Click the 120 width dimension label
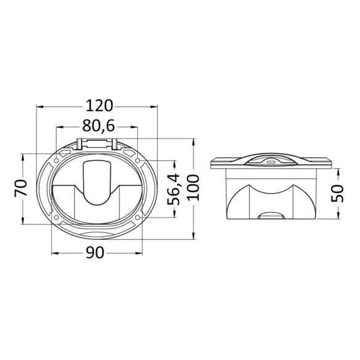pos(99,106)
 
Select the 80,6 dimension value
pos(99,126)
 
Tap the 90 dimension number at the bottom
pos(96,253)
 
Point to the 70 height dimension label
pos(21,189)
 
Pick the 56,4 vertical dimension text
pos(173,189)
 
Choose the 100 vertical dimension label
pos(194,187)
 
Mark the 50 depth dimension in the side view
pos(337,194)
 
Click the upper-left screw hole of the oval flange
pos(56,160)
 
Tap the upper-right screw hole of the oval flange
pos(137,160)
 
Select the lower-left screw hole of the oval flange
pos(56,217)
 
